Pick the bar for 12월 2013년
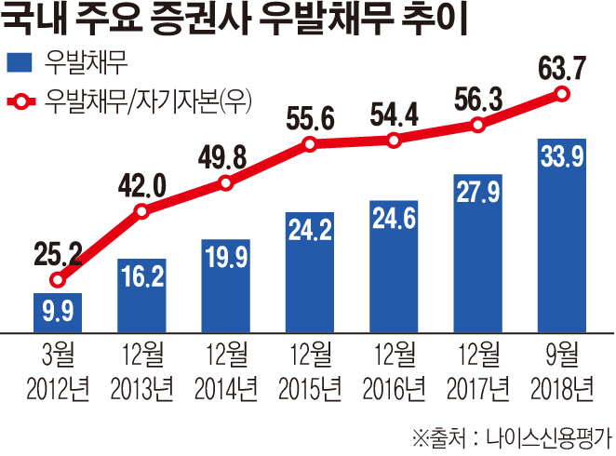click(x=141, y=295)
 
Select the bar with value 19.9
click(x=226, y=285)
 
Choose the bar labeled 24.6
click(x=394, y=267)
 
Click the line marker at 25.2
click(x=58, y=279)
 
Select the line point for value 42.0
click(x=141, y=212)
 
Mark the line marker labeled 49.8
click(x=226, y=183)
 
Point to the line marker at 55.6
click(x=310, y=144)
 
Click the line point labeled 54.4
click(x=394, y=141)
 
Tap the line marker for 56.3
click(x=477, y=125)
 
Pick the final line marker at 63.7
click(x=561, y=93)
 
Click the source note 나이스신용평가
click(x=549, y=435)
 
